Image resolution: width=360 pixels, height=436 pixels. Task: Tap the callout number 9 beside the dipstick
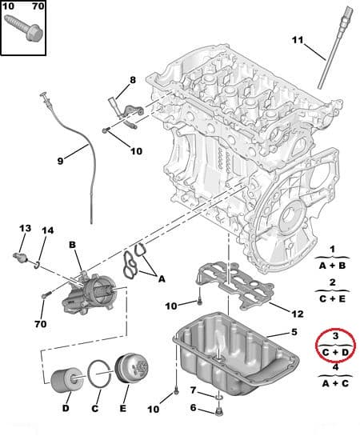pos(59,160)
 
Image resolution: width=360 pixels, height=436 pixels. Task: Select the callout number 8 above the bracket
pos(133,80)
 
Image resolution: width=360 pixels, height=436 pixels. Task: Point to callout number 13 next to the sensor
pos(25,229)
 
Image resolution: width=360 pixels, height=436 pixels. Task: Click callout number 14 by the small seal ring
pos(47,231)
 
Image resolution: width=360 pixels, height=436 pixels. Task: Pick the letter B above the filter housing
pos(72,244)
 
